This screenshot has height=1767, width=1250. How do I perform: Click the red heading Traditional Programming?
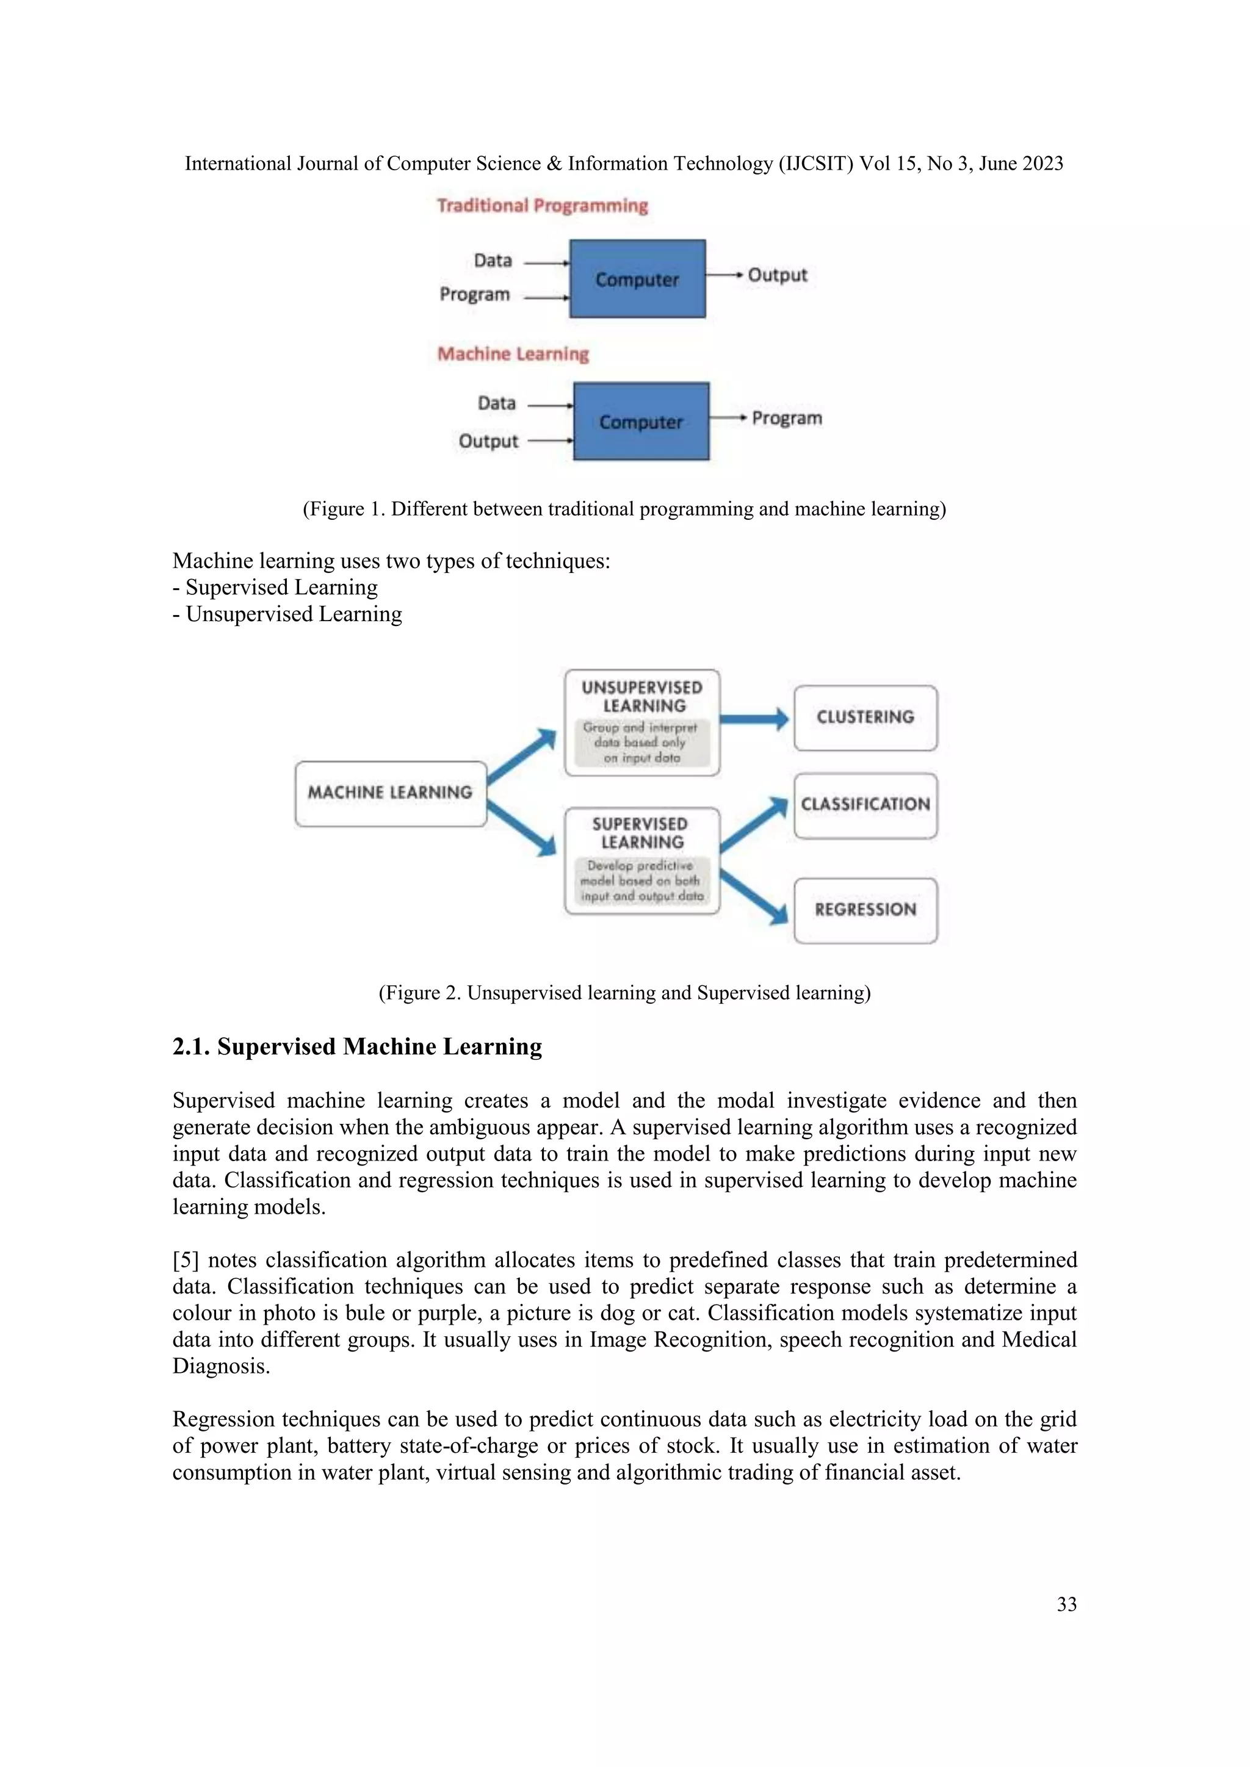tap(543, 206)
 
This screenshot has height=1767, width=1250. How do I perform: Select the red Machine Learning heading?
tap(513, 354)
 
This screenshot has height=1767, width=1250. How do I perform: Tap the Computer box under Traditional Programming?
tap(637, 279)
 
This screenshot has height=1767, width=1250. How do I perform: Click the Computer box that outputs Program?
tap(641, 422)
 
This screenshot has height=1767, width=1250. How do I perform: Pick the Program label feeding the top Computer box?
tap(475, 295)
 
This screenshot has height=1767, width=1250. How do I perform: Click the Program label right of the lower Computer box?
tap(787, 418)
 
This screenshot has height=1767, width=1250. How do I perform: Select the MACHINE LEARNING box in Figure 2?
tap(390, 793)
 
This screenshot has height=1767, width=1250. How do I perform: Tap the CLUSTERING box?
tap(865, 718)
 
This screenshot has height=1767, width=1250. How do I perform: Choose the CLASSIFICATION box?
tap(865, 805)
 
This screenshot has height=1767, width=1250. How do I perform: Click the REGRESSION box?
tap(865, 910)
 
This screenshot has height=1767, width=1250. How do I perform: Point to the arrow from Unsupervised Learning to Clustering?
tap(754, 719)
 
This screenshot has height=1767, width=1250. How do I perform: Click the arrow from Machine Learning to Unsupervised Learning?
tap(522, 756)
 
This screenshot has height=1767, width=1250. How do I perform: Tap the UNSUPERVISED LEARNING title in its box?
tap(642, 696)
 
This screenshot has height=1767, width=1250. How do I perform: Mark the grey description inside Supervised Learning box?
tap(642, 881)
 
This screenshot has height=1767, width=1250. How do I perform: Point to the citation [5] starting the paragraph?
tap(186, 1260)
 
